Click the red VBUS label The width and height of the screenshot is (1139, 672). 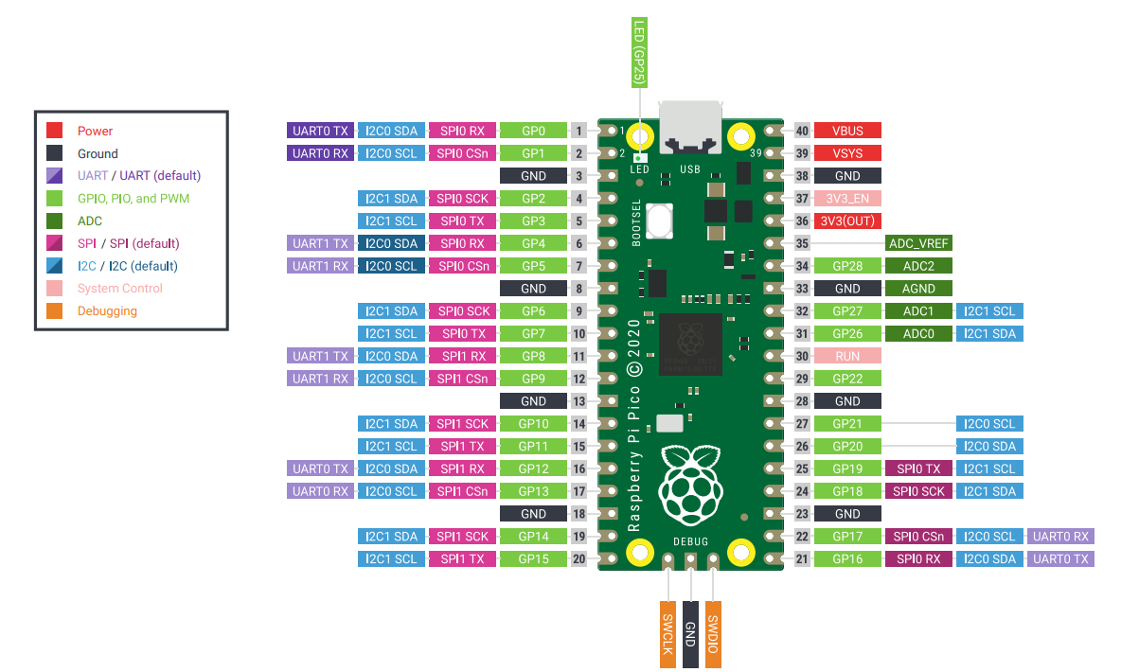click(x=847, y=131)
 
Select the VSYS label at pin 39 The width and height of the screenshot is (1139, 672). click(x=847, y=153)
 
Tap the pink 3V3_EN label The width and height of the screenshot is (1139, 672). click(x=847, y=199)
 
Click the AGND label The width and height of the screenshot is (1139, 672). click(x=918, y=289)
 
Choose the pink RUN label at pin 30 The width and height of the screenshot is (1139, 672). click(x=847, y=356)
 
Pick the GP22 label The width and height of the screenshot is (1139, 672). click(x=847, y=379)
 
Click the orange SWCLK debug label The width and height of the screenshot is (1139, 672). click(x=668, y=634)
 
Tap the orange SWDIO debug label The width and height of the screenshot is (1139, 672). click(x=714, y=634)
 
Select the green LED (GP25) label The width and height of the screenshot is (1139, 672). click(x=640, y=53)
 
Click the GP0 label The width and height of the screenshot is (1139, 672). click(x=533, y=131)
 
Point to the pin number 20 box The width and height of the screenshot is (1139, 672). click(x=579, y=559)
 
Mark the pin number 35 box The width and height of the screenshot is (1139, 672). click(x=802, y=243)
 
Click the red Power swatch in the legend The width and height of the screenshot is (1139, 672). click(x=55, y=131)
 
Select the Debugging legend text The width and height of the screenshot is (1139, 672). click(x=107, y=311)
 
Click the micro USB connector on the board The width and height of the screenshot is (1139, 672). click(x=690, y=128)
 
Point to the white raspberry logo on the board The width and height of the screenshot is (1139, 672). click(x=690, y=487)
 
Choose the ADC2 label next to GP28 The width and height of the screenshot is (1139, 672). click(x=918, y=266)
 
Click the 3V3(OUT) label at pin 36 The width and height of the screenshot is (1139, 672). click(x=847, y=221)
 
